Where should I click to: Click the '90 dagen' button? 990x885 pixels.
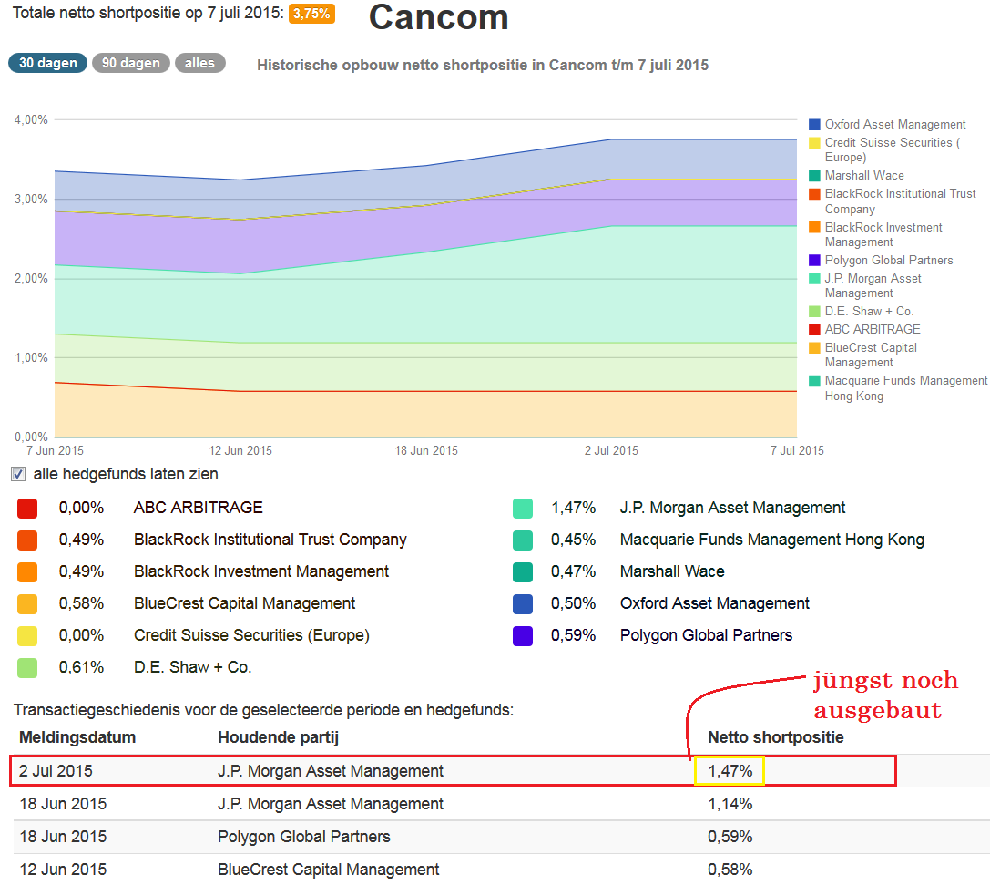(130, 63)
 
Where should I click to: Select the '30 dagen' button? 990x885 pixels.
(47, 63)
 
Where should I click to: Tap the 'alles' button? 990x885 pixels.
(199, 63)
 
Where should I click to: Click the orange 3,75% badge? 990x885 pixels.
(311, 14)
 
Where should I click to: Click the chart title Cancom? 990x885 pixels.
(438, 17)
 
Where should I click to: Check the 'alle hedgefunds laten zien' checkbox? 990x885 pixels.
(18, 474)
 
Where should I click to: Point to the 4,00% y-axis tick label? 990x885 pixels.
(31, 119)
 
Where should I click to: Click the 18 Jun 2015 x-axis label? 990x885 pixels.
(427, 450)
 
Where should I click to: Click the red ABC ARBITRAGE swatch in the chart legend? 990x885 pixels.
(815, 329)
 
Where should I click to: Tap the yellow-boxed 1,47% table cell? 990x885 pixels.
(730, 771)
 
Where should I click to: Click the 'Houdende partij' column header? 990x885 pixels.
(278, 737)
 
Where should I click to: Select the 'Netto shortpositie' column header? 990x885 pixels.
(775, 737)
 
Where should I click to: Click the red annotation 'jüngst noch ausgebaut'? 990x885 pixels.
(884, 695)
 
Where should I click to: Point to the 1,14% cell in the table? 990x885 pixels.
(730, 804)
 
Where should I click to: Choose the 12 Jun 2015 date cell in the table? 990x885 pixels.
(63, 870)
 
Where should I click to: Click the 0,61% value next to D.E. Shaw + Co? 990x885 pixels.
(81, 667)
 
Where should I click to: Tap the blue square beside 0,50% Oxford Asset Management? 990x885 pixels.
(523, 603)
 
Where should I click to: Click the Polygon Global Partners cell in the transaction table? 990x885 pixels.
(303, 837)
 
